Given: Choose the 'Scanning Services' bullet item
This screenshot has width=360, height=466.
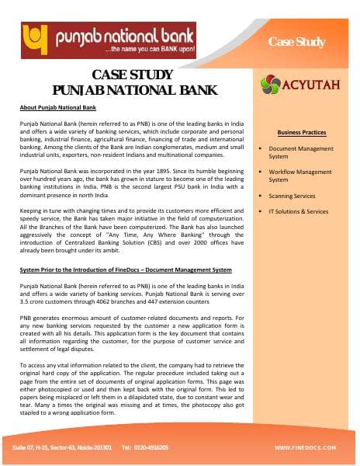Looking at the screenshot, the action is point(292,196).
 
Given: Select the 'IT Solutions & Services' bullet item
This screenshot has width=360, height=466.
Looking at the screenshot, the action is point(298,211).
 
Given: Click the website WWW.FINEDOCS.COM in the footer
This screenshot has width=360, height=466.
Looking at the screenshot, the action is point(306,448).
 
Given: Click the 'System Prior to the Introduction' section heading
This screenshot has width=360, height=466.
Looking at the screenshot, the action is point(124,270).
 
